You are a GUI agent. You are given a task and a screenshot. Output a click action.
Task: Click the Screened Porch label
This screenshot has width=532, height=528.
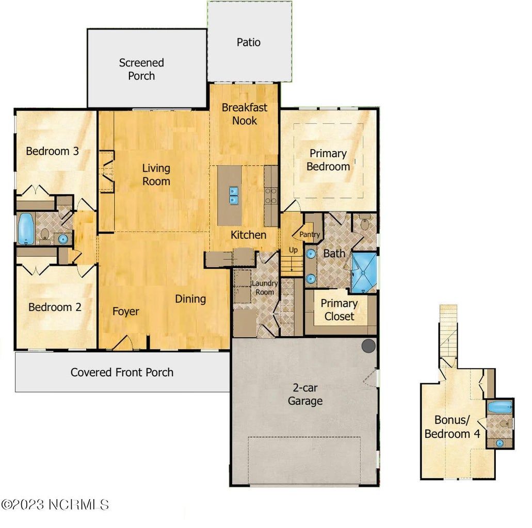pos(141,69)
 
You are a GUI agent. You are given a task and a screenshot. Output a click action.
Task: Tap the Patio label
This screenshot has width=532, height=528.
pos(248,42)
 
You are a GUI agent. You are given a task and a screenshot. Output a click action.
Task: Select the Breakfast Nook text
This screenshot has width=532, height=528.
pos(245,114)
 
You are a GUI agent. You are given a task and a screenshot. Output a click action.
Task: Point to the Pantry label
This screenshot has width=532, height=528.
pos(310,235)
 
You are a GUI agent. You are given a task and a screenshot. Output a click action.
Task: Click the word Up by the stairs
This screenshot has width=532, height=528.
pos(293,250)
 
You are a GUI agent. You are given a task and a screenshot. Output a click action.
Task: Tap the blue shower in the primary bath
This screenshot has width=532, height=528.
pos(364,272)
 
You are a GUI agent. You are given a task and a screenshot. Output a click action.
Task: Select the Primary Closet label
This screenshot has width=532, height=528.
pos(339,310)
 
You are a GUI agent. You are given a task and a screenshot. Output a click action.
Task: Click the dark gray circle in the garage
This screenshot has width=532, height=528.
pos(368,346)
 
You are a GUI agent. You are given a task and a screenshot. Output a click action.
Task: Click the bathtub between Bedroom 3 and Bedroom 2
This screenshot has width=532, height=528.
pos(25,229)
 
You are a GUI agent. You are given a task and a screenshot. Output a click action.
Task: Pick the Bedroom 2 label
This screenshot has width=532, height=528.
pos(55,307)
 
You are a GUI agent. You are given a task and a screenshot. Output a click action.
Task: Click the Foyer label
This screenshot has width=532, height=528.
pos(126,311)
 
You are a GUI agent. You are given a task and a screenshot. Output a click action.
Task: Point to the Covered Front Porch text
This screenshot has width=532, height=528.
pos(122,372)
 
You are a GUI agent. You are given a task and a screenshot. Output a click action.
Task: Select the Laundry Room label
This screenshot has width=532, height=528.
pos(264,288)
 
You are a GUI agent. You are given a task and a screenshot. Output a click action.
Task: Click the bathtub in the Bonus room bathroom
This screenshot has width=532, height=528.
pos(499,407)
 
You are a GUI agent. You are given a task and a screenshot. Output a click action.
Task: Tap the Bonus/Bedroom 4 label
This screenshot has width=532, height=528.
pos(452,427)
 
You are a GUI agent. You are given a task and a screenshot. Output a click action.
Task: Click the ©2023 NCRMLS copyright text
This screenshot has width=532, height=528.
pos(55,504)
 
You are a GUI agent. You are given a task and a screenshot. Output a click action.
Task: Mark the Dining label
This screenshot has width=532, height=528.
pos(190,299)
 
